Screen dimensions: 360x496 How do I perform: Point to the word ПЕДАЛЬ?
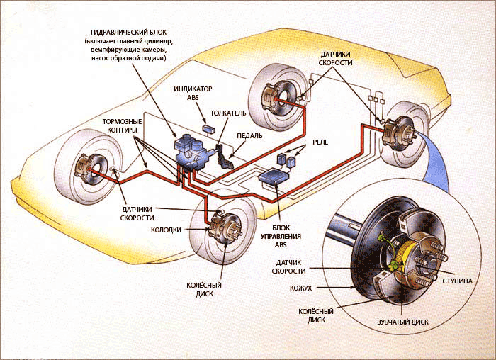click(250, 135)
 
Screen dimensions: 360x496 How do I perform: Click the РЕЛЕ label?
click(321, 142)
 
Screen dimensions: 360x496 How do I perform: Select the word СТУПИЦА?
click(458, 281)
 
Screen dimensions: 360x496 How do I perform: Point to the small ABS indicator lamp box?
click(210, 128)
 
